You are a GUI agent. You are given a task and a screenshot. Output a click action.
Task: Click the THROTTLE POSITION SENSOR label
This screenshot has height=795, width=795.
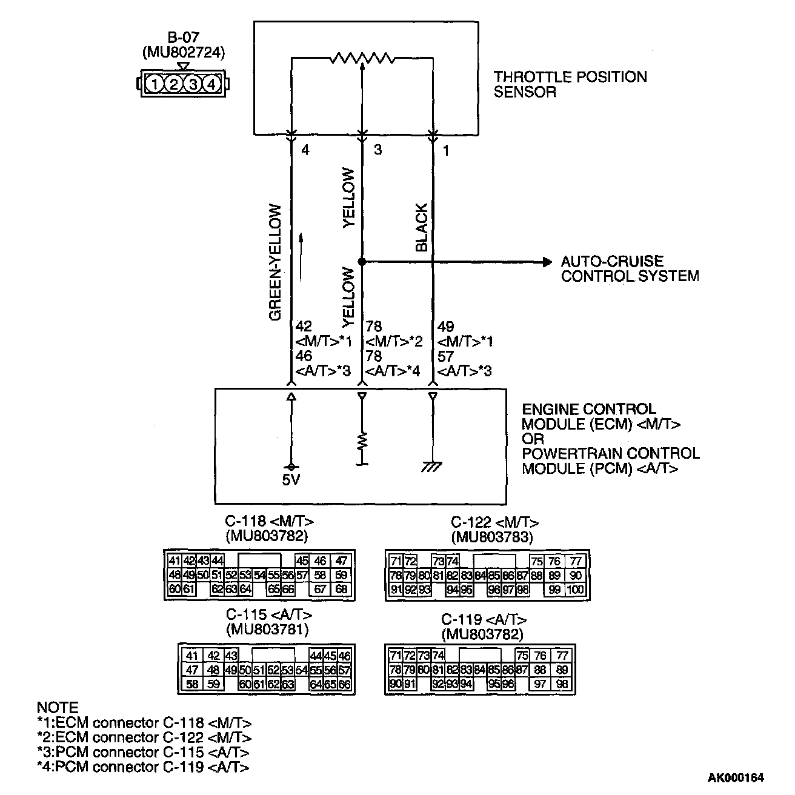570,84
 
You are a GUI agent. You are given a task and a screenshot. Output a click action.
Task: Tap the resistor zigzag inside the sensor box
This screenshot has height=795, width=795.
362,58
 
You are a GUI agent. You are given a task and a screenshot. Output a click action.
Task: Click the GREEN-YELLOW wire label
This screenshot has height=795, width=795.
276,262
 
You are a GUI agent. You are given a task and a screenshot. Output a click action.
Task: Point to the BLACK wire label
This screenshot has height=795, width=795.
422,227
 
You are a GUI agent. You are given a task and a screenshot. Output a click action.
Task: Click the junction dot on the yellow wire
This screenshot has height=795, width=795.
362,262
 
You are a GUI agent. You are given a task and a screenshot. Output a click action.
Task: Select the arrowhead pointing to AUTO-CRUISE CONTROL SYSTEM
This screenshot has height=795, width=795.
547,262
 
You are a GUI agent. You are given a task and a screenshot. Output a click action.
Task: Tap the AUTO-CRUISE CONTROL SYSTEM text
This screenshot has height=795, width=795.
629,269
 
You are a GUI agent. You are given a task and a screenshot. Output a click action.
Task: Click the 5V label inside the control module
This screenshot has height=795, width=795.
291,479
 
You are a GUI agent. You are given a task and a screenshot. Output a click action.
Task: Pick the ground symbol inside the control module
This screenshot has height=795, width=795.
432,467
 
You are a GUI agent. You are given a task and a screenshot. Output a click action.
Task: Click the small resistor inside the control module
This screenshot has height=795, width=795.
362,441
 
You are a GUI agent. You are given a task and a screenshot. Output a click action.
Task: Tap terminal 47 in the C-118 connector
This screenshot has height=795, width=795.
341,561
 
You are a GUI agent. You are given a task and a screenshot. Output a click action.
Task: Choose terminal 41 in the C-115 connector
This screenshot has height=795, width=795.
192,656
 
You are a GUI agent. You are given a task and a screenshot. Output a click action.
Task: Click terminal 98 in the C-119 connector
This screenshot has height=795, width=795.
562,684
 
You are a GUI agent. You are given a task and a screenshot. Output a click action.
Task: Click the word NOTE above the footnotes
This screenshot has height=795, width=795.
58,708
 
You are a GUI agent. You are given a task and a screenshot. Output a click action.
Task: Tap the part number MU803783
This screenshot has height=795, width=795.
491,536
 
